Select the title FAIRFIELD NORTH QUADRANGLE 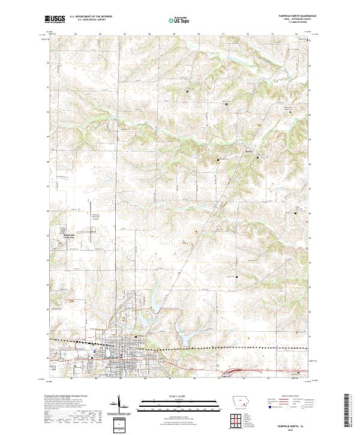pos(294,16)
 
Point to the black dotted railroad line pos(180,347)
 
